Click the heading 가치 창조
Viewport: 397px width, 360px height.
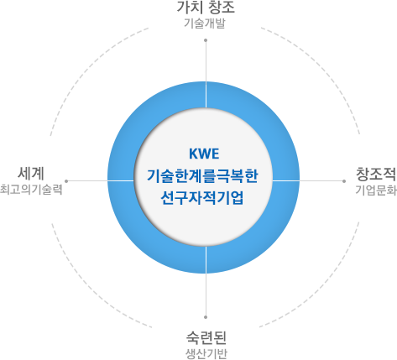tap(206, 8)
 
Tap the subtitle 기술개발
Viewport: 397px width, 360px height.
tap(205, 23)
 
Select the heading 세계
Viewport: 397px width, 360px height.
tap(31, 173)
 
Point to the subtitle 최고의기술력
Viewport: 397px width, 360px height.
tap(31, 190)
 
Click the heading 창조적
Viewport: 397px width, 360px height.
tap(376, 174)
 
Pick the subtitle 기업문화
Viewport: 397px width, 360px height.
tap(376, 190)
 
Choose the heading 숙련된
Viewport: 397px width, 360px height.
tap(206, 337)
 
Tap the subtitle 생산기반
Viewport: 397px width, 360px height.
tap(206, 354)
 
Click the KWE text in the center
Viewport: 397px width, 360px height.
tap(204, 154)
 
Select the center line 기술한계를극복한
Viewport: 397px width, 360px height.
tap(202, 176)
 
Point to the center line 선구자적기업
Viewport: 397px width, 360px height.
tap(202, 198)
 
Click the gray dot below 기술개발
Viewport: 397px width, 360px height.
tap(206, 40)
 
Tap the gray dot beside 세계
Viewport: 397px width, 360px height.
tap(66, 181)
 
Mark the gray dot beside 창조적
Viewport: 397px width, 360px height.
tap(344, 181)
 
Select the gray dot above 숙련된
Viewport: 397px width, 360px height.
tap(206, 317)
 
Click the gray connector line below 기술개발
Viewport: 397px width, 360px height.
tap(206, 74)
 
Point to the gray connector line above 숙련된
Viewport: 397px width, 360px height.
tap(206, 282)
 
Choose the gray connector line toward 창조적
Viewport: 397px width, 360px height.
tap(308, 181)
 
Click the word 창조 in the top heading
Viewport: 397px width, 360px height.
tap(221, 8)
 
